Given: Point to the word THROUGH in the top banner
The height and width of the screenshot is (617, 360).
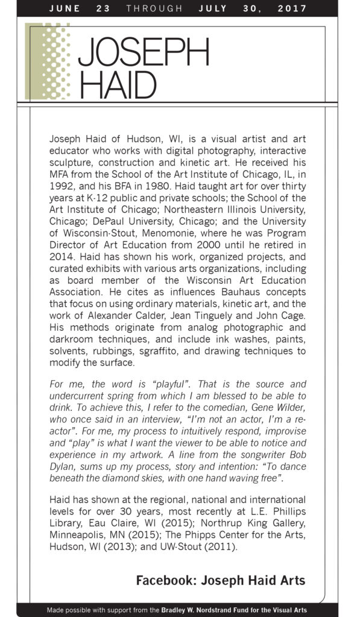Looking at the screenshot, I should pos(154,8).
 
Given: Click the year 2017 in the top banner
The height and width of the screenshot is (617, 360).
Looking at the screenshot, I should pos(292,8).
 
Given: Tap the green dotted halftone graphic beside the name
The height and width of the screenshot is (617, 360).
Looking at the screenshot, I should pos(48,60).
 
